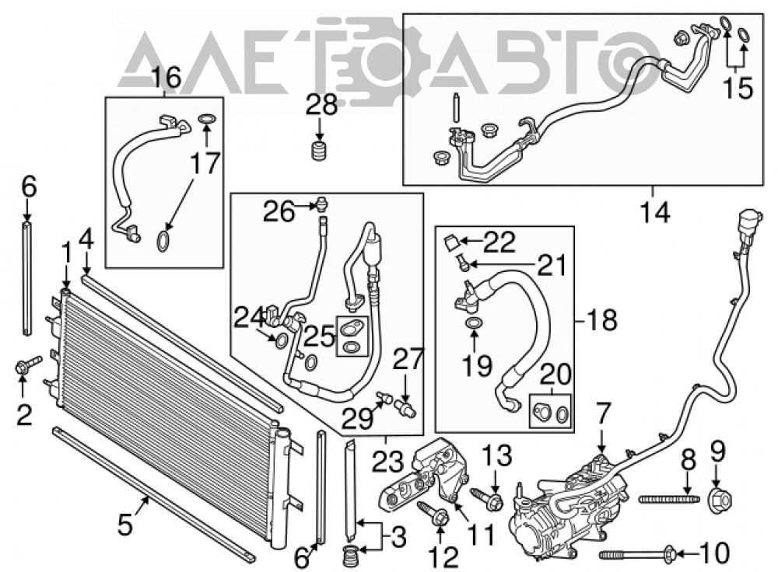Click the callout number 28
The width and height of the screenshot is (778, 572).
pos(321,105)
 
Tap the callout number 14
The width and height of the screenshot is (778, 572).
pos(655,213)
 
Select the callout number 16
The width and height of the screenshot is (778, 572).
pos(166,78)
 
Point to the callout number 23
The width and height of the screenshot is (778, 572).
pos(387,462)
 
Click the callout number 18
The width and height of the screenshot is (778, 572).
pos(601,319)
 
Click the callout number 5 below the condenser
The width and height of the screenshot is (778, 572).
pos(125,524)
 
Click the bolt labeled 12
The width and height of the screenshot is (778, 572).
pos(432,513)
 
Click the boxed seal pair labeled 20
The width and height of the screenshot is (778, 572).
pos(550,410)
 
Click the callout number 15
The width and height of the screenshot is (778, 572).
pos(738,89)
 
